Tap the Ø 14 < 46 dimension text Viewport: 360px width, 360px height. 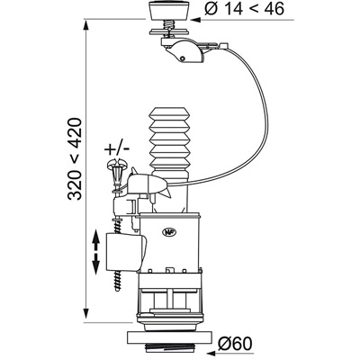(245, 9)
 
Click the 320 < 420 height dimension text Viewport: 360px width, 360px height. (75, 159)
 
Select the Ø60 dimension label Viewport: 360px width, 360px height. (236, 344)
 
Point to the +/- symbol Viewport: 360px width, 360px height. (117, 148)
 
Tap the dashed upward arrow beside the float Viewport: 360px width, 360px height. (95, 240)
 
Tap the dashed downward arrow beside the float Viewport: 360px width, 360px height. (95, 264)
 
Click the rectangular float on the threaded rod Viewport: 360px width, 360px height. (125, 252)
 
